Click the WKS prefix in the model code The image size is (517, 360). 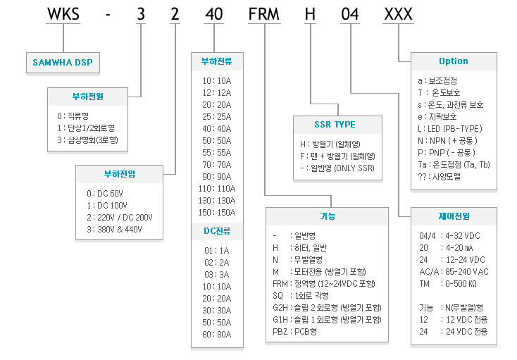63,14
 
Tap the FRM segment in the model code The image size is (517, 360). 263,14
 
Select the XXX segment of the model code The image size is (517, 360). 398,14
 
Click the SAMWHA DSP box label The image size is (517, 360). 63,62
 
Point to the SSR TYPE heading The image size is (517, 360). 335,124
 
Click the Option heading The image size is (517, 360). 454,61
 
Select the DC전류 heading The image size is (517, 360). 217,231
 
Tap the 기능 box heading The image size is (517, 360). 328,216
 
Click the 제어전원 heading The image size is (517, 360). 454,216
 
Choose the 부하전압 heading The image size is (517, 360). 119,174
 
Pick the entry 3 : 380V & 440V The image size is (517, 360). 114,230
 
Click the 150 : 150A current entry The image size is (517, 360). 217,213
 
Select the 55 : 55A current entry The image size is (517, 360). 217,153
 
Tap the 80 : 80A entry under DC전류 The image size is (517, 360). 217,335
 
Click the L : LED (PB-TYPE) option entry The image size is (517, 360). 450,128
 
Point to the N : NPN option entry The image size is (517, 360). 447,141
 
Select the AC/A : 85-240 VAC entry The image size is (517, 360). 454,272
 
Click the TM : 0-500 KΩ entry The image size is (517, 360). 448,284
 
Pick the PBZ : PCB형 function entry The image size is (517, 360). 294,332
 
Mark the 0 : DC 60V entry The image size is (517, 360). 105,194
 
